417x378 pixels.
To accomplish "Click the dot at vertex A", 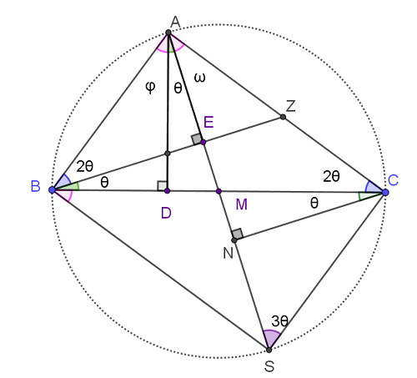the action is point(168,33).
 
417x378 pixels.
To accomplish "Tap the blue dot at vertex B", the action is point(52,190).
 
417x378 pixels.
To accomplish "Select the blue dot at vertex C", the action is point(385,192).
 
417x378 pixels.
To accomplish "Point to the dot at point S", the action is point(269,350).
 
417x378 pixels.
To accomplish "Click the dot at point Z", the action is point(283,117).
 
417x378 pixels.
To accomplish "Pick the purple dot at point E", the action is point(203,142).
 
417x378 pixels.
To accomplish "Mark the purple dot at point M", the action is point(219,191).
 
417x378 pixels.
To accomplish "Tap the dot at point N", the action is point(234,240).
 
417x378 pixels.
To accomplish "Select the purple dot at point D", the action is point(167,191).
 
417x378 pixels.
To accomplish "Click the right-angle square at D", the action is point(162,186).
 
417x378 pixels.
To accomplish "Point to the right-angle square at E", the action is point(197,139).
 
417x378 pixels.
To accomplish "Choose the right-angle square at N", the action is point(237,234).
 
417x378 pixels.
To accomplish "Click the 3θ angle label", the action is point(279,321).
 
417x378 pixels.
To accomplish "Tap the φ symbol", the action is point(150,88).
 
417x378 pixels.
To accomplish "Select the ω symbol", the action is point(200,78).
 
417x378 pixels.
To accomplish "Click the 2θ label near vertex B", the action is point(85,167).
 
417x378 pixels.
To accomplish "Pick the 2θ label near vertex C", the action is point(331,176).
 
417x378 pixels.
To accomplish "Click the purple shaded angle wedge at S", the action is point(271,338).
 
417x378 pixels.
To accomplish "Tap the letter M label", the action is point(241,204).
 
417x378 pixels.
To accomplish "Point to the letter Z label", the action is point(290,106).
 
